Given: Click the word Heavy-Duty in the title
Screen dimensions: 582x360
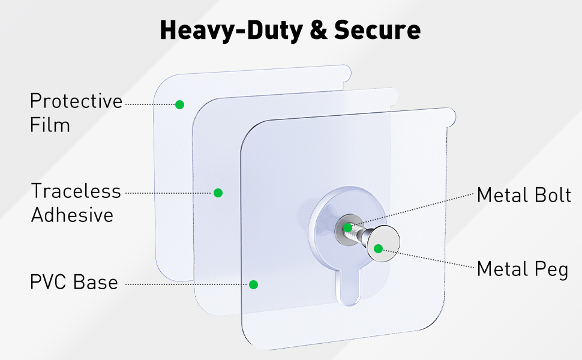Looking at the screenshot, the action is pos(231,31).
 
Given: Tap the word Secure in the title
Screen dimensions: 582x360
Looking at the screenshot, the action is pos(377,30).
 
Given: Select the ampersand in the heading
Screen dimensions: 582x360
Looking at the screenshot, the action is pos(319,30).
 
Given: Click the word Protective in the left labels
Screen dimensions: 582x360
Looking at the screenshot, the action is pos(76,101).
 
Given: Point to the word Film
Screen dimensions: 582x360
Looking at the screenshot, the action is pos(50,125).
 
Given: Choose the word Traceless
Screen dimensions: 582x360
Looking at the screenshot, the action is pos(76,191).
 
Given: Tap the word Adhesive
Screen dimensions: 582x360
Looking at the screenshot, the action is pos(73,215).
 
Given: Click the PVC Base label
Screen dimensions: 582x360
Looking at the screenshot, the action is pos(74,282).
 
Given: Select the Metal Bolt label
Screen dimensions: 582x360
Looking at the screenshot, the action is pos(524,195).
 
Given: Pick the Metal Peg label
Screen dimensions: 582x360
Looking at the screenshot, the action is pos(523,269).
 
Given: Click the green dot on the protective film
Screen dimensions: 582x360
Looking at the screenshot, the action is pos(179,104).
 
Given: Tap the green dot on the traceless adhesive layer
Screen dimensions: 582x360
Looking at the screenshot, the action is pos(218,193).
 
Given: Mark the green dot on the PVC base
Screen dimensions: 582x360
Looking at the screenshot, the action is pos(254,284).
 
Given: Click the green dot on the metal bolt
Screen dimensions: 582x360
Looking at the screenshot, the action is pos(348,227).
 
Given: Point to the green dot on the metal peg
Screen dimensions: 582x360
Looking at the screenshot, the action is pos(378,248).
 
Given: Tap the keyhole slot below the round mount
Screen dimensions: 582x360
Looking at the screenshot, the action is pos(349,285).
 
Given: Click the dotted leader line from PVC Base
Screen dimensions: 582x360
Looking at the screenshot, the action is pos(187,284).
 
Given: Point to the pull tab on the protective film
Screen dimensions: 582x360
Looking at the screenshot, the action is pos(346,73).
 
